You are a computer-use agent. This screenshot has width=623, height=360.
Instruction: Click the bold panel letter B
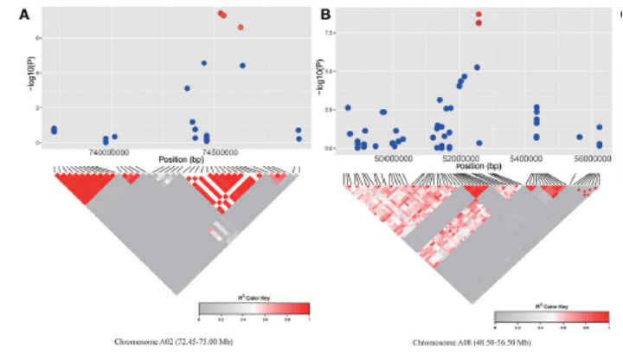(x=326, y=15)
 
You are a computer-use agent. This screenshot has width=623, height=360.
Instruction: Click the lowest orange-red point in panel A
(x=241, y=28)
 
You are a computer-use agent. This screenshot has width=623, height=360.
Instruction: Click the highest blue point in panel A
(x=204, y=63)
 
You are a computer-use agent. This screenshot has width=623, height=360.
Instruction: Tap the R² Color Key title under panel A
(x=254, y=297)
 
